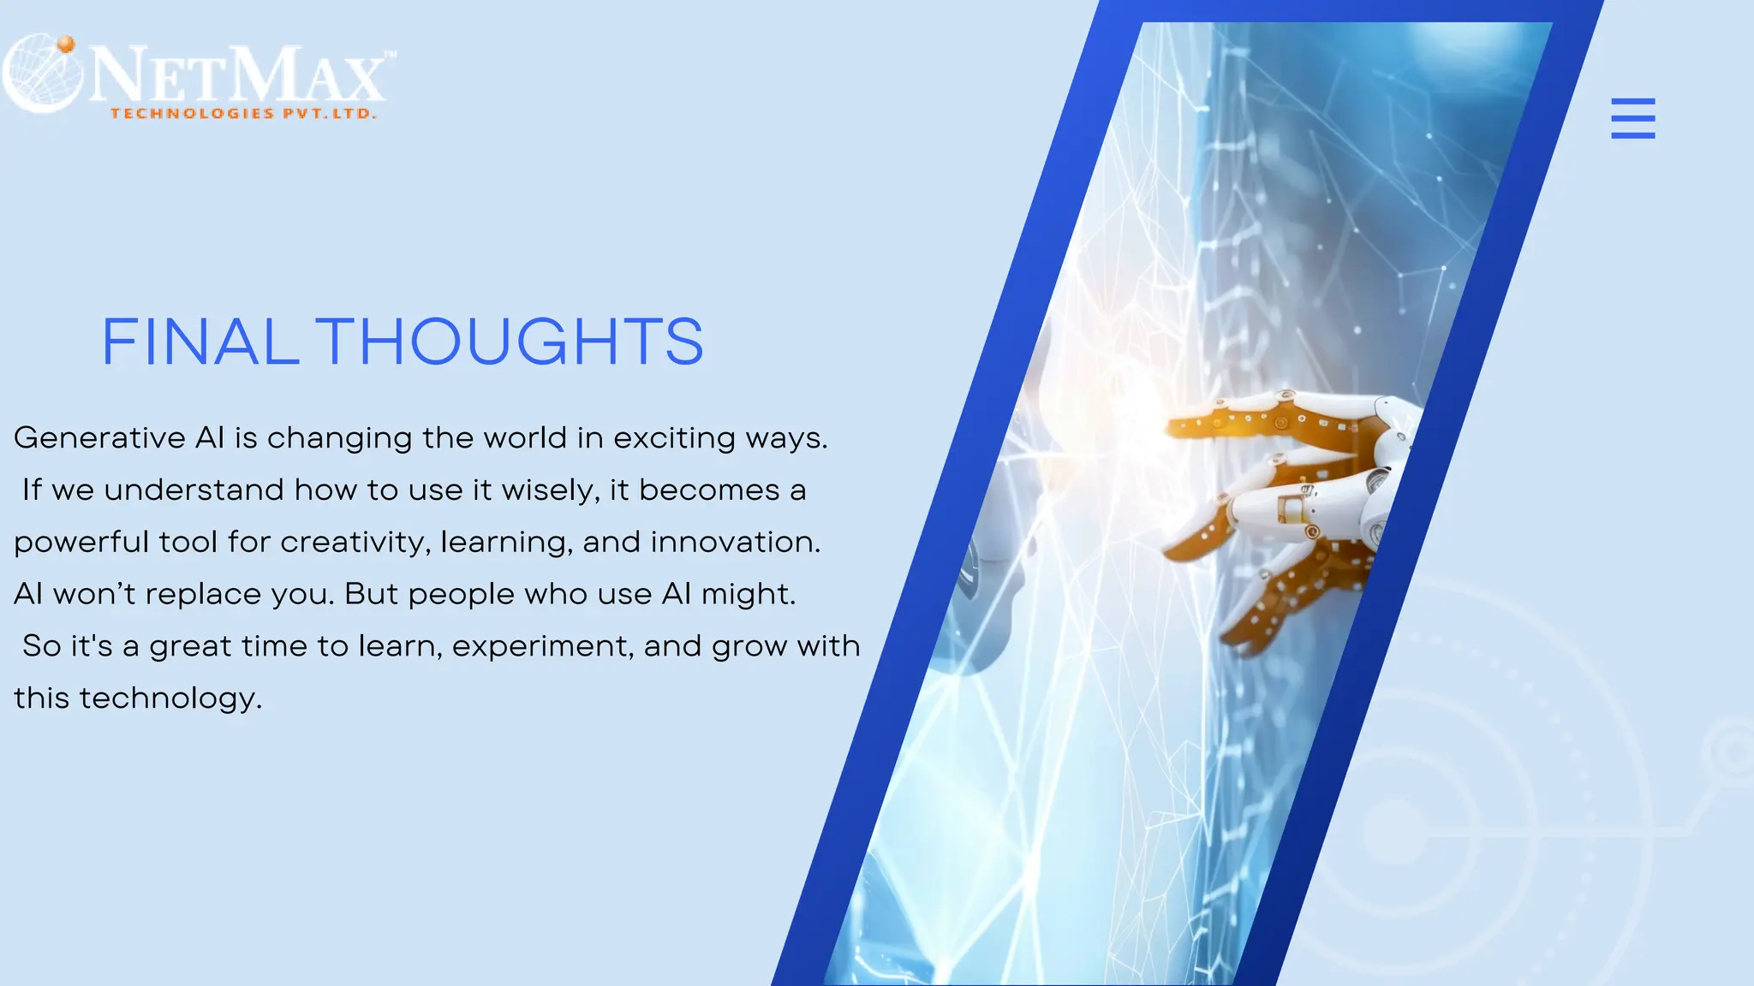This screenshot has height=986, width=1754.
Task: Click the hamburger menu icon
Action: (x=1632, y=118)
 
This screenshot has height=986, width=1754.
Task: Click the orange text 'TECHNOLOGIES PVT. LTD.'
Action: (x=243, y=114)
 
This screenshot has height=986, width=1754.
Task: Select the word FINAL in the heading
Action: (x=200, y=342)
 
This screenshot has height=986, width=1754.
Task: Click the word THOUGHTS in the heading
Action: (x=510, y=342)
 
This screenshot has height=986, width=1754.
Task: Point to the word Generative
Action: (x=99, y=438)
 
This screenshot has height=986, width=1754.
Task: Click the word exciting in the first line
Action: (x=674, y=438)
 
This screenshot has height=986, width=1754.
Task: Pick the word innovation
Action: (x=735, y=543)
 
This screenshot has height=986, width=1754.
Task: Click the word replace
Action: (x=203, y=595)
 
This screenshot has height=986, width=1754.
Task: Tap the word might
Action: (x=748, y=595)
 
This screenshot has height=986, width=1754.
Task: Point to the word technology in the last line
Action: (x=170, y=699)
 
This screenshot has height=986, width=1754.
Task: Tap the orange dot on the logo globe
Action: (x=66, y=45)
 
